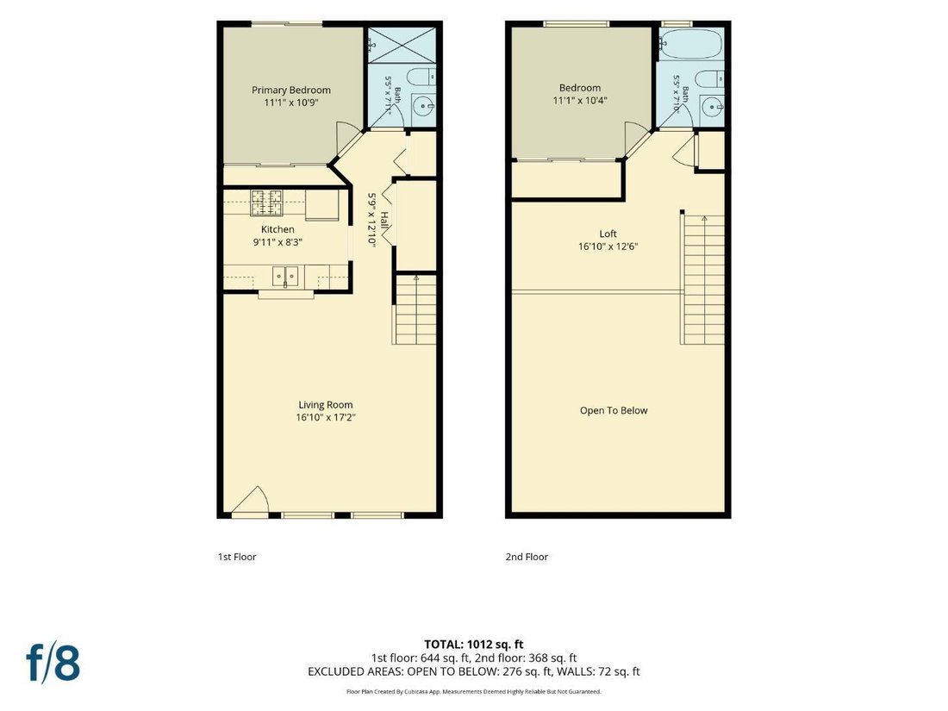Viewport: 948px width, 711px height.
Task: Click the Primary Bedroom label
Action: (290, 90)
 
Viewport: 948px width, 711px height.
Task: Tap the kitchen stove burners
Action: (266, 203)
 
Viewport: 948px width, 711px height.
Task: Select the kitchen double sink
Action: (284, 276)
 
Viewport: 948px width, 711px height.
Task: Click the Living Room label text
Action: (325, 405)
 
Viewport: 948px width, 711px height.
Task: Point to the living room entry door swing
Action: (250, 500)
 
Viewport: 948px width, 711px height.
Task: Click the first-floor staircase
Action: (415, 309)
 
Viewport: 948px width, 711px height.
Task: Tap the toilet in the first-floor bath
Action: (421, 78)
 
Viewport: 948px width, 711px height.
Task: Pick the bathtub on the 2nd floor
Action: (690, 44)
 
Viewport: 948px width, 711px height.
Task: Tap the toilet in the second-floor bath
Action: (708, 78)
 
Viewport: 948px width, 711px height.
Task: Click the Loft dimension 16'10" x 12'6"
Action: (608, 246)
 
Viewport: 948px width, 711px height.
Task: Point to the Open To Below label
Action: (614, 410)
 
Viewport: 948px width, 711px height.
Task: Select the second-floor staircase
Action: (703, 279)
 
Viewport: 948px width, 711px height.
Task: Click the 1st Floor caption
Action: (237, 557)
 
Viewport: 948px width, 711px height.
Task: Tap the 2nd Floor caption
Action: (527, 557)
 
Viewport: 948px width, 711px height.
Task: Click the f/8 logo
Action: (53, 662)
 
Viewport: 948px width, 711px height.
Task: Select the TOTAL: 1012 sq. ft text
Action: (473, 645)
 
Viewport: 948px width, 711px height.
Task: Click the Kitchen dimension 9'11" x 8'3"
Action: (278, 242)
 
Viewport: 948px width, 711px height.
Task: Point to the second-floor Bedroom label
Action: (580, 88)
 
